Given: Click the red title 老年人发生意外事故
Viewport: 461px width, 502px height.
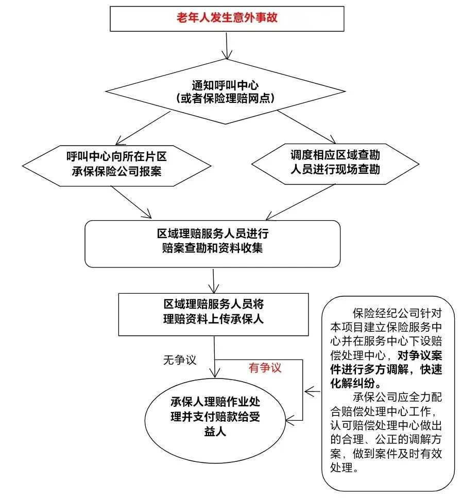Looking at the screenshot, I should click(x=227, y=18).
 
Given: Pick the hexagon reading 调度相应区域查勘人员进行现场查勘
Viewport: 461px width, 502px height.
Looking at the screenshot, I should click(x=335, y=162).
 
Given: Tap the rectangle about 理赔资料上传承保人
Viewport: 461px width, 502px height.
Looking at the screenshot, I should click(x=213, y=312).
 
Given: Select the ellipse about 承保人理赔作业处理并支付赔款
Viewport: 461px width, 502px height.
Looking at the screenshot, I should click(x=213, y=416).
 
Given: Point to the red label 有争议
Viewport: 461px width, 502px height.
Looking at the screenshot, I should click(x=265, y=368).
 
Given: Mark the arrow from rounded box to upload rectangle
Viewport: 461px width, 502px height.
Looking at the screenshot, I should click(x=213, y=280).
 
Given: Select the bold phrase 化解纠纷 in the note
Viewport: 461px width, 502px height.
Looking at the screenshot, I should click(x=355, y=383).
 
